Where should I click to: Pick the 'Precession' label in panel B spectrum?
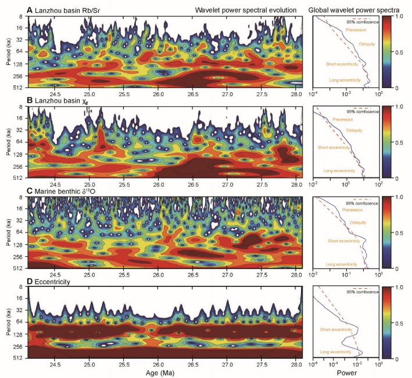(344, 119)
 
